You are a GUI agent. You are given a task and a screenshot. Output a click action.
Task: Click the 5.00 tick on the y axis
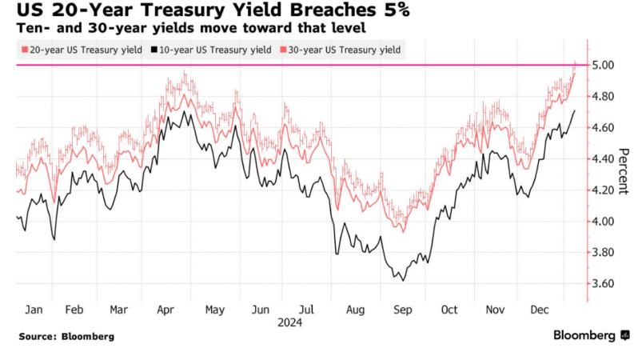tap(604, 65)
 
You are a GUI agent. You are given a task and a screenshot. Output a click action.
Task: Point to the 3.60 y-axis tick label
tap(604, 284)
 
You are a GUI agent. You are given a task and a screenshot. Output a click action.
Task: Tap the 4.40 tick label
tap(604, 158)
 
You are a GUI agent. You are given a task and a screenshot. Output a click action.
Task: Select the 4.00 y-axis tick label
tap(604, 222)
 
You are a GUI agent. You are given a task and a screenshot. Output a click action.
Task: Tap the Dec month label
tap(540, 309)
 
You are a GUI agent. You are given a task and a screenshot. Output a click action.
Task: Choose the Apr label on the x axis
tap(166, 309)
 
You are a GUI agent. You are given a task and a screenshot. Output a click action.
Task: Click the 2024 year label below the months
tap(289, 322)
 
